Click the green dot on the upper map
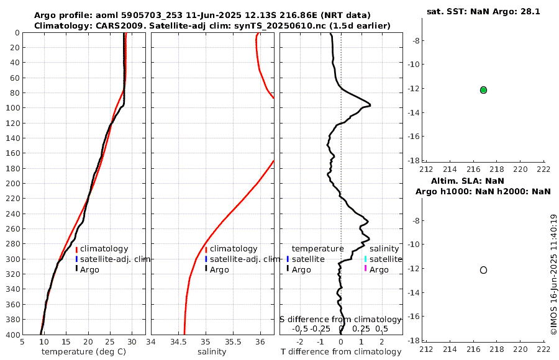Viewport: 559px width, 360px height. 483,90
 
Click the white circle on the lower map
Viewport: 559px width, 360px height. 483,270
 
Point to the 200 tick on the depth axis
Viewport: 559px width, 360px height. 13,184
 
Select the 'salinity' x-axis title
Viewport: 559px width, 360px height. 212,352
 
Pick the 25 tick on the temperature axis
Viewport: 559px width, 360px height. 110,341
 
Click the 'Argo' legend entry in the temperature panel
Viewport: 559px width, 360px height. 89,269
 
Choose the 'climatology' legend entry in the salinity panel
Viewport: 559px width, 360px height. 234,249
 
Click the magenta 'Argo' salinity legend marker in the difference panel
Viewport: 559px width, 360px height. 366,269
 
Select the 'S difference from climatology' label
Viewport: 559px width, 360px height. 340,319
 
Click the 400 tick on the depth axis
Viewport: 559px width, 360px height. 13,335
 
